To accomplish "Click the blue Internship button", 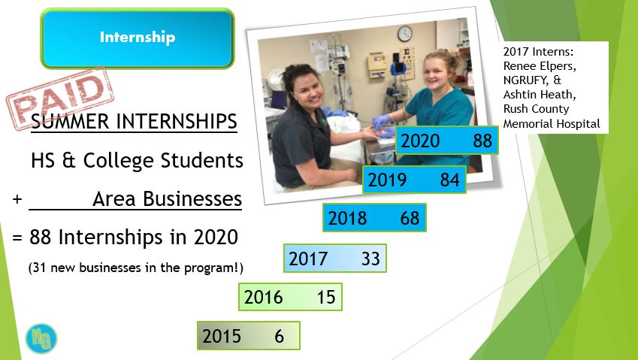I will point(138,38).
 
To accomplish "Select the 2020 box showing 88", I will point(446,141).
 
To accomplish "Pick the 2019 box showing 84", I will point(414,180).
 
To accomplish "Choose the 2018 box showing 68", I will point(374,218).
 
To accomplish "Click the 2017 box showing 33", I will point(334,258).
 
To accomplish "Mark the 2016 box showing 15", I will point(289,297).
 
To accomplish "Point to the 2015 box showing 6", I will point(248,335).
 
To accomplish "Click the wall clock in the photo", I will point(405,34).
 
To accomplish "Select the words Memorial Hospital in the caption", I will point(553,123).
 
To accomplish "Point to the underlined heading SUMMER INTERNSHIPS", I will point(134,122).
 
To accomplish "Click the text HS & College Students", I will point(137,161).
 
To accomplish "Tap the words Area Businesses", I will point(167,199).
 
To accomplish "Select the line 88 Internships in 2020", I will point(125,237).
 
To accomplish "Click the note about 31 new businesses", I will point(136,268).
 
